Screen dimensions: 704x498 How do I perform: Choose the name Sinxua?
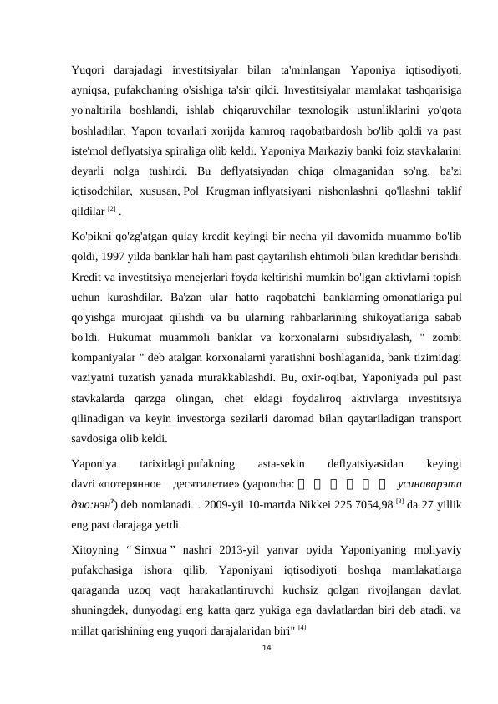pos(150,548)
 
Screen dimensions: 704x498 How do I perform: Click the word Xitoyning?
pos(94,548)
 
